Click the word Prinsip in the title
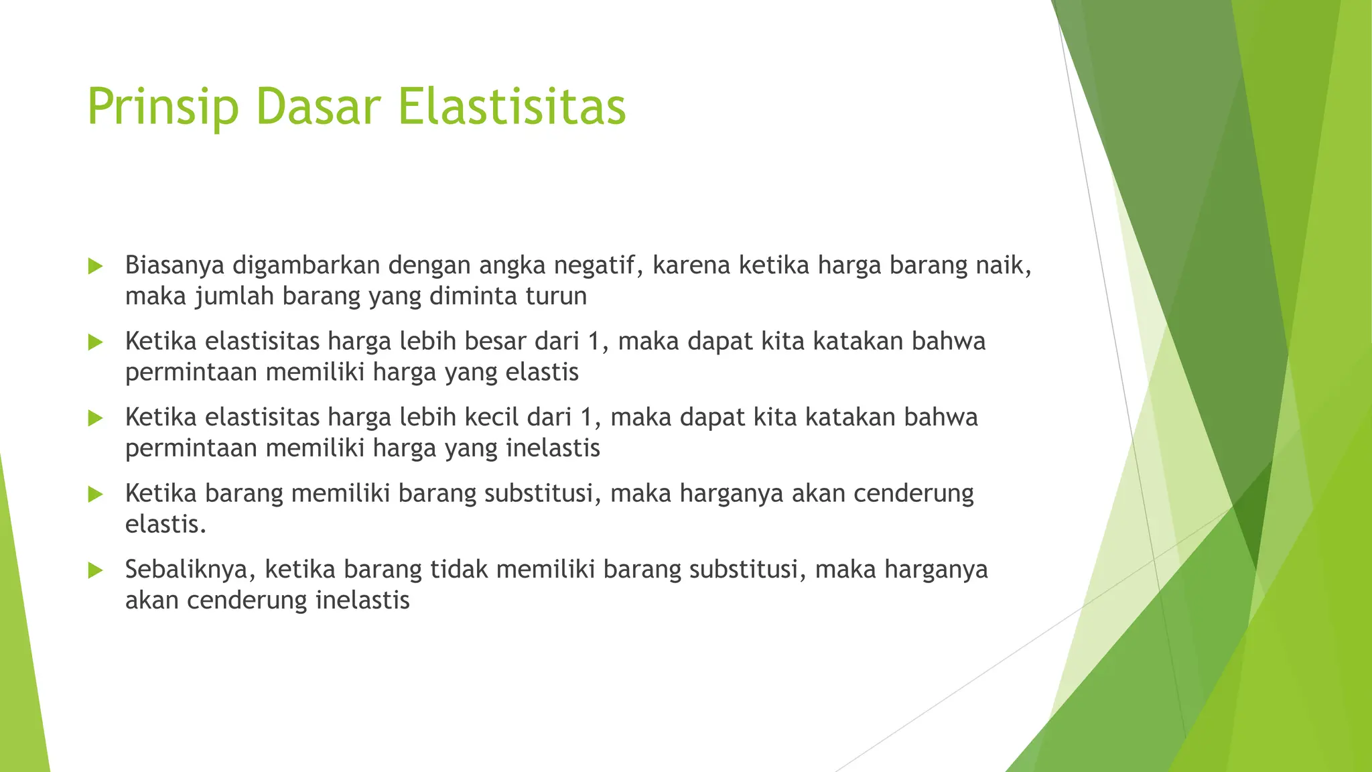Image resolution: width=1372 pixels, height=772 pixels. pos(163,107)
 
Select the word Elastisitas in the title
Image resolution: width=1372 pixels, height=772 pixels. pos(512,107)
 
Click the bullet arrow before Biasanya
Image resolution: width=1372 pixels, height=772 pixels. pos(95,266)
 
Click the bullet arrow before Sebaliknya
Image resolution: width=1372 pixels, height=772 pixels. pos(95,570)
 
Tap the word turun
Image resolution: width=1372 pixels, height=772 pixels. pos(556,296)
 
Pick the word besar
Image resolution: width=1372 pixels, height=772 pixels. pos(495,341)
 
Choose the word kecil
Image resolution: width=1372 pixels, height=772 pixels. pos(492,417)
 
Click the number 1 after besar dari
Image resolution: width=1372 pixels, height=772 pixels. pos(594,341)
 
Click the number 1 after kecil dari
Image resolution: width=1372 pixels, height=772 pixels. pos(587,417)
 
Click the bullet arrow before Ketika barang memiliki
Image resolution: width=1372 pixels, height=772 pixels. pos(95,495)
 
